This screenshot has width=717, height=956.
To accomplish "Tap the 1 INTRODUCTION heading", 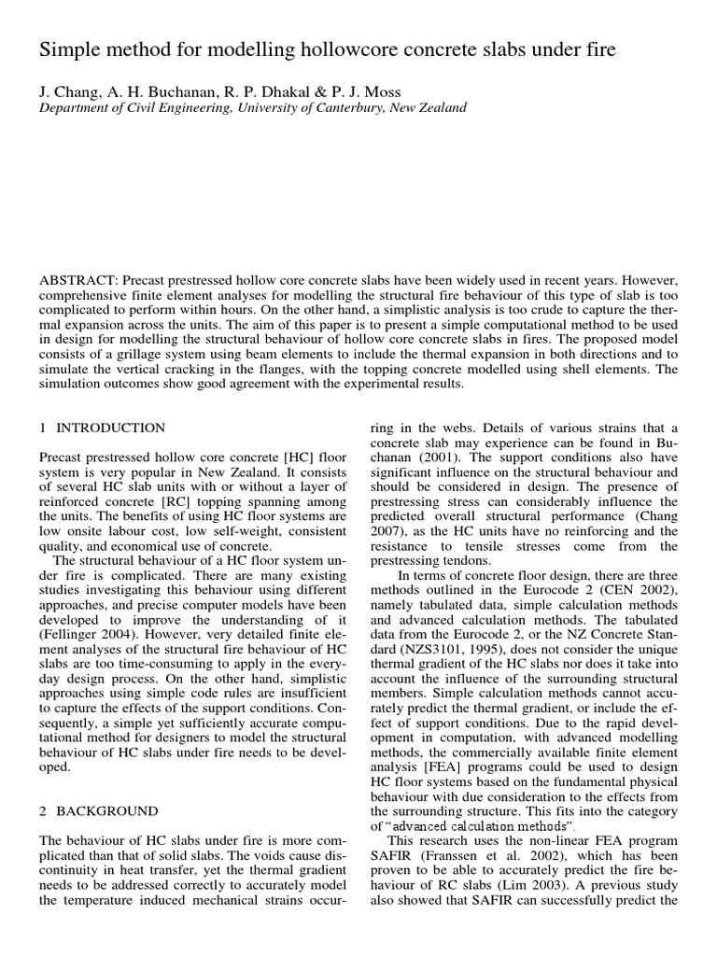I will [103, 428].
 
